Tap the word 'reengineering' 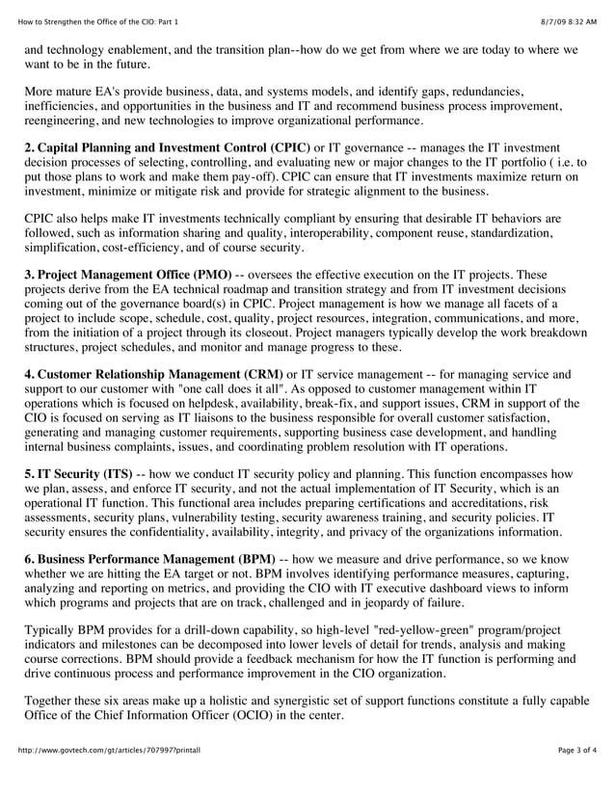64,120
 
